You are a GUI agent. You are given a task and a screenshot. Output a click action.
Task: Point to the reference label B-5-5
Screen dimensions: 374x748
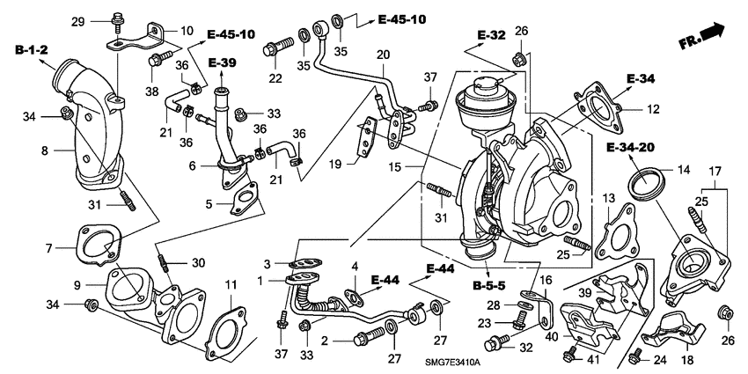coord(488,286)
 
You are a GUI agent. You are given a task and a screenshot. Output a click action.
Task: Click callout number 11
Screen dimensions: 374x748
coord(231,284)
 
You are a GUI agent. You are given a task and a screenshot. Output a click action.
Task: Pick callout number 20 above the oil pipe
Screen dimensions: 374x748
coord(382,55)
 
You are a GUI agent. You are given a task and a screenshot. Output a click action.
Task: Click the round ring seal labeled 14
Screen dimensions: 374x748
coord(649,187)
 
